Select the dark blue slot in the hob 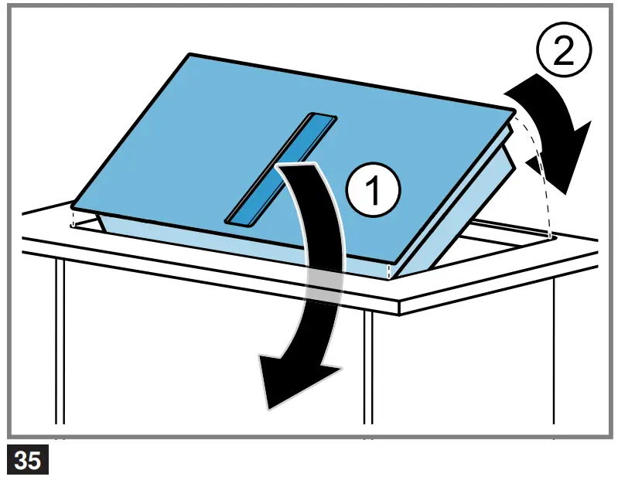(x=280, y=169)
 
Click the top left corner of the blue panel (x=191, y=55)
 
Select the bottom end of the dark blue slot (x=235, y=220)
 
